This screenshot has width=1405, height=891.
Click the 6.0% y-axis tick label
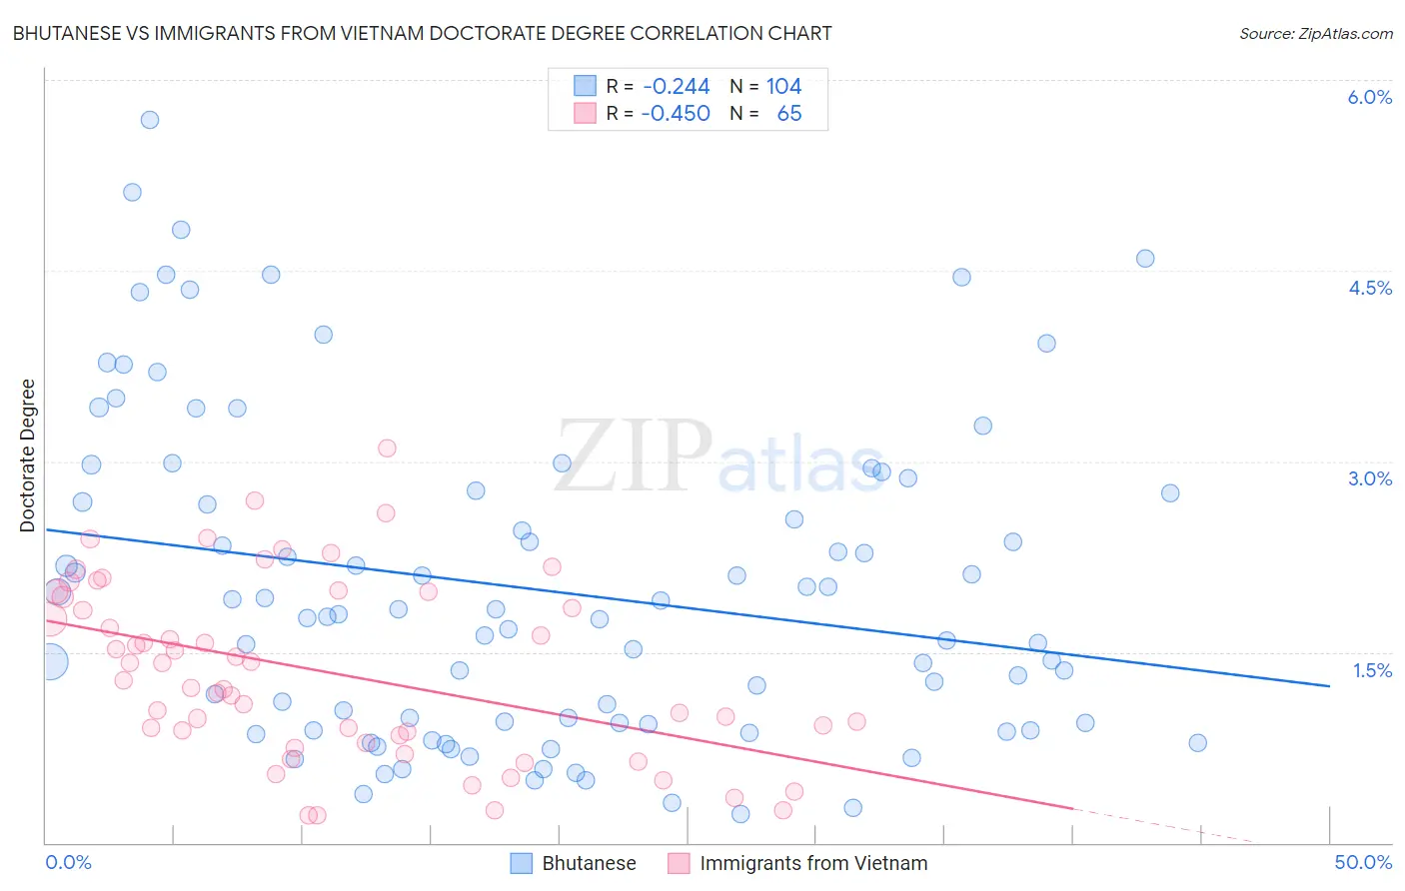1369,97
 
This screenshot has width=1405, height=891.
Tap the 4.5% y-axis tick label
1369,288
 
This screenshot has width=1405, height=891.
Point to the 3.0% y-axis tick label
1369,478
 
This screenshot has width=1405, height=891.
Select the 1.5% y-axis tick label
1372,670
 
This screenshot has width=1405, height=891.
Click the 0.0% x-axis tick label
68,862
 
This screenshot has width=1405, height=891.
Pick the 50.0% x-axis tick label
1363,862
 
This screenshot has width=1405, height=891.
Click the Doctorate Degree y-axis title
28,455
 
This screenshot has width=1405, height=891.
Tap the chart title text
422,33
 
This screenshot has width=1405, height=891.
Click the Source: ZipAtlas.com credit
1315,33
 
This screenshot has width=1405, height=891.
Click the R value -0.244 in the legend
677,87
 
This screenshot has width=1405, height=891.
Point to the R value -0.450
677,114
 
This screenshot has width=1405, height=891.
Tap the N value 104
783,87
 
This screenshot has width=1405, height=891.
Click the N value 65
788,114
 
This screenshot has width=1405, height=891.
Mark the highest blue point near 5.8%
150,120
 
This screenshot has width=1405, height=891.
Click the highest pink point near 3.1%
387,448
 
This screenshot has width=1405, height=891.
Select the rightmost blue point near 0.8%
1198,743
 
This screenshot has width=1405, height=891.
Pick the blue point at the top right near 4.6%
1145,259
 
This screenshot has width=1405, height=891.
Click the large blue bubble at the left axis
49,661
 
